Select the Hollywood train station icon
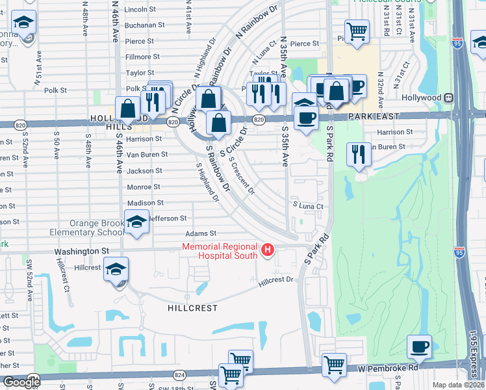click(448, 97)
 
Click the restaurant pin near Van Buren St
click(359, 155)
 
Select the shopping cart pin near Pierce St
click(357, 32)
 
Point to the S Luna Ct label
click(308, 206)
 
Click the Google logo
click(21, 382)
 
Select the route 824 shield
click(180, 375)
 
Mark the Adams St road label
click(200, 233)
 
